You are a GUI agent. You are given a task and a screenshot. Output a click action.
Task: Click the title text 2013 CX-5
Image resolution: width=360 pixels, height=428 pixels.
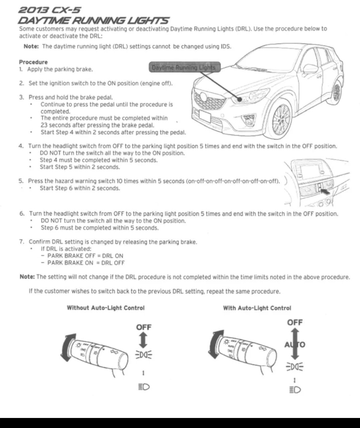point(50,10)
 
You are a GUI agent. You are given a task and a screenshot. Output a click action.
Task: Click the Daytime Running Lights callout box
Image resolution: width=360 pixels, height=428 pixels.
point(184,67)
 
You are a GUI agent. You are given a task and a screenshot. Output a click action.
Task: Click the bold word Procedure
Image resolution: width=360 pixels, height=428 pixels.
point(33,62)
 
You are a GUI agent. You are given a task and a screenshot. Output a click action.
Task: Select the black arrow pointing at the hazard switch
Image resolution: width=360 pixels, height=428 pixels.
point(324,192)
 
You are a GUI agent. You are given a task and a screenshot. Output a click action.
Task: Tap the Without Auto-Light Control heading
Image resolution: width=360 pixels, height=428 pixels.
point(105,308)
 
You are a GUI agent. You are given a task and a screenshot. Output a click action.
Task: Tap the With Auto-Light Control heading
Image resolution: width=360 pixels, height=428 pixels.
point(257,308)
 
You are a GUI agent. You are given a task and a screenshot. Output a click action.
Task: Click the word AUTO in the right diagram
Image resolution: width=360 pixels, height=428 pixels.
point(295,344)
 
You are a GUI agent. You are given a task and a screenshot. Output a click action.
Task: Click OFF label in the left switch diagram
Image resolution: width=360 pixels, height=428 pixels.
point(144,327)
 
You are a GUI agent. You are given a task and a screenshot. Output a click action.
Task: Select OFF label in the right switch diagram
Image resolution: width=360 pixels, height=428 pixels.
point(295,322)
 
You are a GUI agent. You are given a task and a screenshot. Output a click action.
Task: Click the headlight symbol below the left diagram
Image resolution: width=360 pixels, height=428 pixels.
point(144,387)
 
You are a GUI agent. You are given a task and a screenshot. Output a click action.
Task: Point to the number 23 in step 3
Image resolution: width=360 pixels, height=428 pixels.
point(44,125)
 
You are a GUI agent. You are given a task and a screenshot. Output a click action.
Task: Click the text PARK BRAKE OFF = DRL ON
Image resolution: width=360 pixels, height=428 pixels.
point(85,256)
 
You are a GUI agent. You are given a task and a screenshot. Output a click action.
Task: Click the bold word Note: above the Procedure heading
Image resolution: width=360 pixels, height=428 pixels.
point(31,46)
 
